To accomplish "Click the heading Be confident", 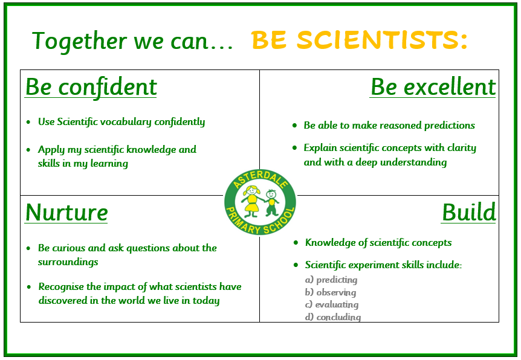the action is pos(91,87).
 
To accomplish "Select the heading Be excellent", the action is pos(433,87).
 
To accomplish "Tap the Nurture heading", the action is pos(66,213).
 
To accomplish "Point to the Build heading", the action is pos(468,213).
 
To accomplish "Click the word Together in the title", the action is pos(79,41).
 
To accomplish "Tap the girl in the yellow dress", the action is pos(252,201).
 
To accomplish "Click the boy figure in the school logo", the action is pos(272,202).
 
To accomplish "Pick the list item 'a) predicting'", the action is pos(331,280).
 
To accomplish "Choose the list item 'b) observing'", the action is pos(331,292).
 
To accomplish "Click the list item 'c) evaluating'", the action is pos(332,304).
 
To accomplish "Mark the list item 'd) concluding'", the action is pos(333,317).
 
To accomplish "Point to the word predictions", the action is pos(450,126).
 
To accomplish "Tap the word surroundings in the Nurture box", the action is pos(68,262).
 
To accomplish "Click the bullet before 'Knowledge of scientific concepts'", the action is pos(296,243).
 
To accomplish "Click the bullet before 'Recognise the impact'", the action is pos(29,287).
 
